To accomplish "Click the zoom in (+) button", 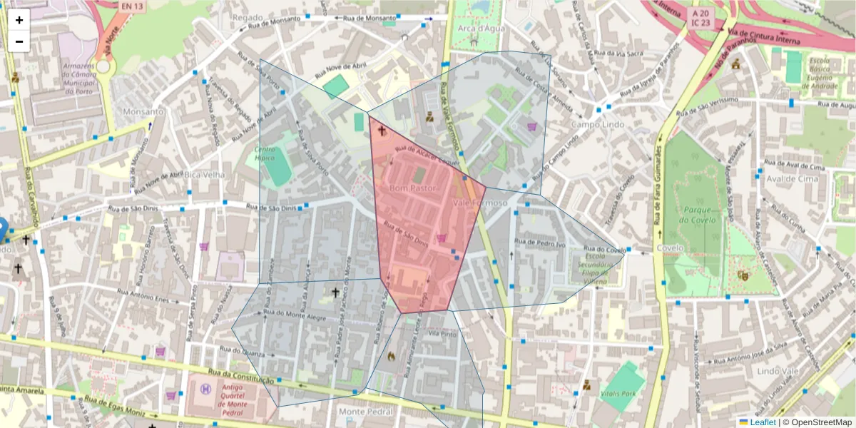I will click(x=19, y=20).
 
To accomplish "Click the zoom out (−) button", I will click(x=19, y=41).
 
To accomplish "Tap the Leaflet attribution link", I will click(x=763, y=422).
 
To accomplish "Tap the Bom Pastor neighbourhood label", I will click(x=413, y=188).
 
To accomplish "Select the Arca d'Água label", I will click(x=477, y=29).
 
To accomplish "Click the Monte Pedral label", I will click(x=366, y=412).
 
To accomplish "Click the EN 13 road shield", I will click(x=131, y=6).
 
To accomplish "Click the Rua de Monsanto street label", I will click(x=369, y=18).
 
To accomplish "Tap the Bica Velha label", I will click(x=204, y=175).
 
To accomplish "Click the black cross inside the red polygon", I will click(x=381, y=131).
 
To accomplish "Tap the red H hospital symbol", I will click(x=206, y=388).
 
